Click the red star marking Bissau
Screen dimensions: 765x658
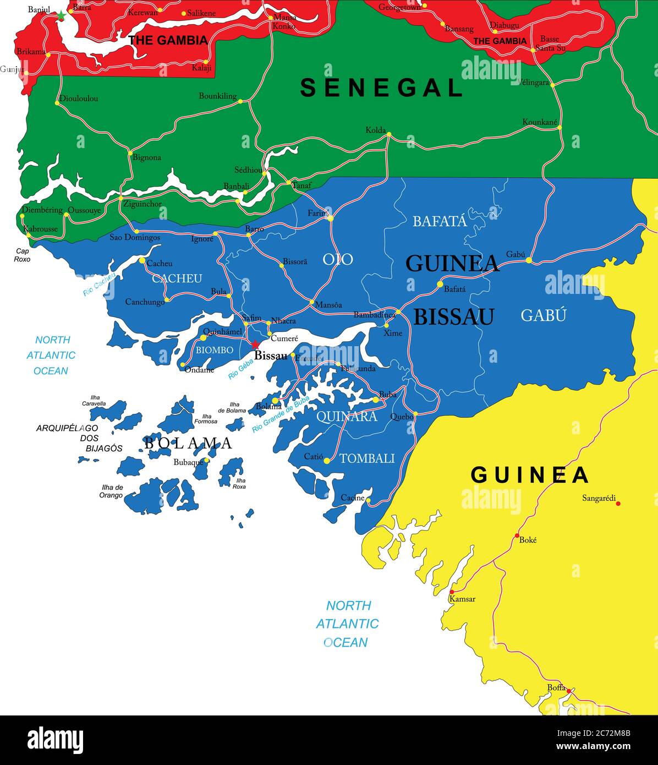click(255, 345)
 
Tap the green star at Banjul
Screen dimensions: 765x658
click(61, 17)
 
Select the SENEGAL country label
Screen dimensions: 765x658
click(381, 88)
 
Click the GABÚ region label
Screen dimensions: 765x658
click(543, 315)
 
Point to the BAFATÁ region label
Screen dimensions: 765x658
click(440, 221)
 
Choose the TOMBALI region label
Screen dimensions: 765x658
click(367, 458)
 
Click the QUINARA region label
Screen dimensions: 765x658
click(347, 417)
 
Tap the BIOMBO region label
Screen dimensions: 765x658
click(215, 350)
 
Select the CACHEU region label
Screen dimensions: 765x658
click(177, 278)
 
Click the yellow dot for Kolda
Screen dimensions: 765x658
click(389, 134)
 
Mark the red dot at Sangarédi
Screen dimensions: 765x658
click(618, 503)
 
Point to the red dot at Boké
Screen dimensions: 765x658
click(517, 535)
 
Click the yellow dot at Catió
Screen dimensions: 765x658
click(326, 461)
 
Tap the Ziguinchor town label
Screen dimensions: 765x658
click(143, 204)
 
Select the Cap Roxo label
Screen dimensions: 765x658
click(23, 255)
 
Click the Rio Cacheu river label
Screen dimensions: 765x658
click(99, 285)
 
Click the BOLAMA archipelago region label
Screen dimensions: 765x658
click(188, 443)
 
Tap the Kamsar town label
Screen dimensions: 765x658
click(462, 599)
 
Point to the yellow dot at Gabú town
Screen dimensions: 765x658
click(528, 260)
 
